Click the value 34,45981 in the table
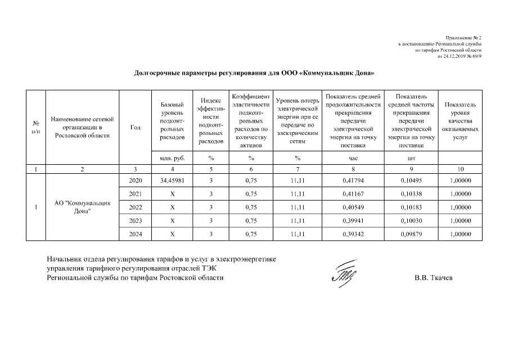[172, 181]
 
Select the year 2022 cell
[135, 208]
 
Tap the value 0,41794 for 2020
[353, 181]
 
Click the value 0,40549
[353, 208]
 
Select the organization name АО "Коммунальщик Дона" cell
[82, 207]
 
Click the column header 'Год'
[135, 128]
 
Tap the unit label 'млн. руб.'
[172, 159]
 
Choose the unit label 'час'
[353, 159]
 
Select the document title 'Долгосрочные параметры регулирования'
[254, 73]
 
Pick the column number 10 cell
[461, 169]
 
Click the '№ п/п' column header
[36, 128]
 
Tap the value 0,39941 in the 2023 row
[353, 221]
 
